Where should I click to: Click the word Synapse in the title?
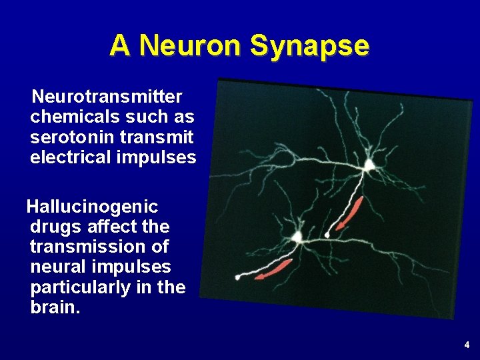(309, 45)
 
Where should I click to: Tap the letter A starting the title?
(119, 45)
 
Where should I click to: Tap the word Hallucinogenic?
(92, 207)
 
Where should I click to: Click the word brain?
(55, 308)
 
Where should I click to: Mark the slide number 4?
(467, 345)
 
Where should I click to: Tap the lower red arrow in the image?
(274, 269)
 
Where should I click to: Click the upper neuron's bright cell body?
(369, 165)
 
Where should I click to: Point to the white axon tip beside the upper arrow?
(327, 235)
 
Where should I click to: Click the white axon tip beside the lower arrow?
(238, 277)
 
